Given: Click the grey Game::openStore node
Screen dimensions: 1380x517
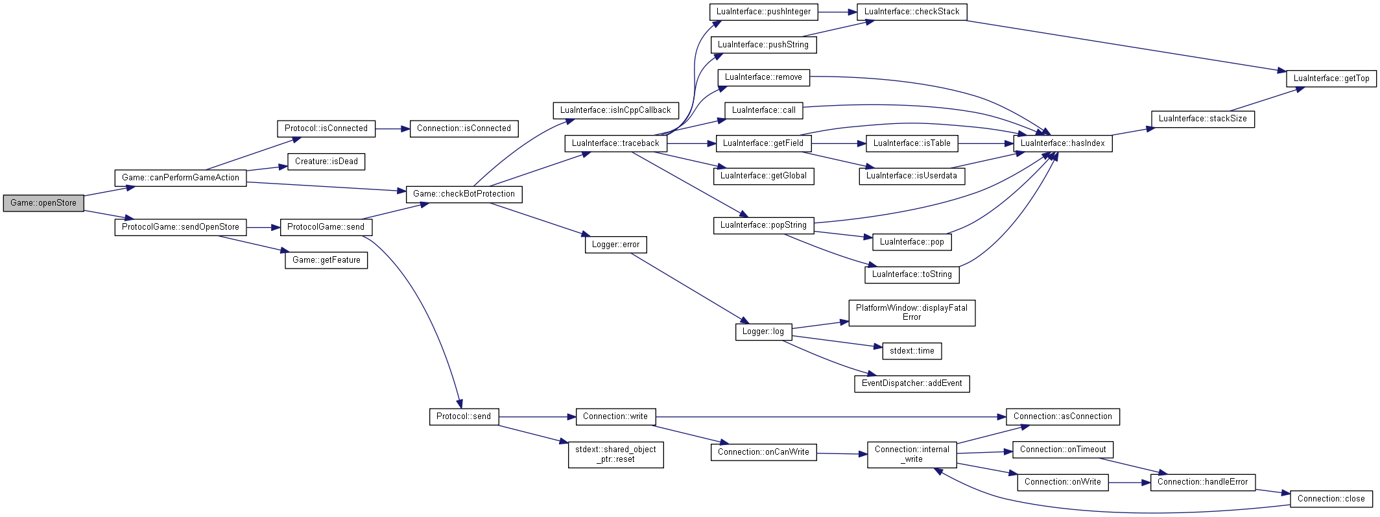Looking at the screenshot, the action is (43, 203).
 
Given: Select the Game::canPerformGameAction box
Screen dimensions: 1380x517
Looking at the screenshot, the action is (180, 178).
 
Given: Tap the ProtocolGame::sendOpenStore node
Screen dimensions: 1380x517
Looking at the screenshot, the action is (180, 227).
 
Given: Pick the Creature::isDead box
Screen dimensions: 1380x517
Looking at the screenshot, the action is (326, 162).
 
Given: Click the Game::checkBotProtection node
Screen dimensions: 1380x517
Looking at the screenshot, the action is (464, 194).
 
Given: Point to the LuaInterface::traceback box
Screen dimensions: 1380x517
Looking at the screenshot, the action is (615, 143).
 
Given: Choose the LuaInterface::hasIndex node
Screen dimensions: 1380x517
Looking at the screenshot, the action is (1063, 143).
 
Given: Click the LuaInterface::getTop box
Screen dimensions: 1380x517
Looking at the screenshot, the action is (1331, 78).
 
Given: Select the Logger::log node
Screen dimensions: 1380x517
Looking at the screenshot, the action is (763, 331).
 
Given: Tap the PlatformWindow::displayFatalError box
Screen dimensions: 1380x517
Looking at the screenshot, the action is (912, 313).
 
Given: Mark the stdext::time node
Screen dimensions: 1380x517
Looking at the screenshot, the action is (912, 351).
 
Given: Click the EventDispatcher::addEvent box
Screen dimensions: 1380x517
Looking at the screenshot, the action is (912, 383).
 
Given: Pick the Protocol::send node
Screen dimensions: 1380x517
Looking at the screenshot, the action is (464, 416).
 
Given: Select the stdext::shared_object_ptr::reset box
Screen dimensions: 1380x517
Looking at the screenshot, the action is (615, 454).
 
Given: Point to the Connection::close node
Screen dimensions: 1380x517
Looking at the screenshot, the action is (1331, 499).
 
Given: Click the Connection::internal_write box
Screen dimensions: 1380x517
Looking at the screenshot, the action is (912, 454).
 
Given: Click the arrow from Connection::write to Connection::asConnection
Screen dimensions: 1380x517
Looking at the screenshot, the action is (831, 416).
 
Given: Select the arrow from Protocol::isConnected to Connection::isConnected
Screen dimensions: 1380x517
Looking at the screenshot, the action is (392, 129).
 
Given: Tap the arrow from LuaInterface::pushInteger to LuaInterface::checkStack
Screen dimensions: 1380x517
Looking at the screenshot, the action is (838, 12).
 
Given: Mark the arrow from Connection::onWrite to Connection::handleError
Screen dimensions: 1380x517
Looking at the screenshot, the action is (1130, 483).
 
